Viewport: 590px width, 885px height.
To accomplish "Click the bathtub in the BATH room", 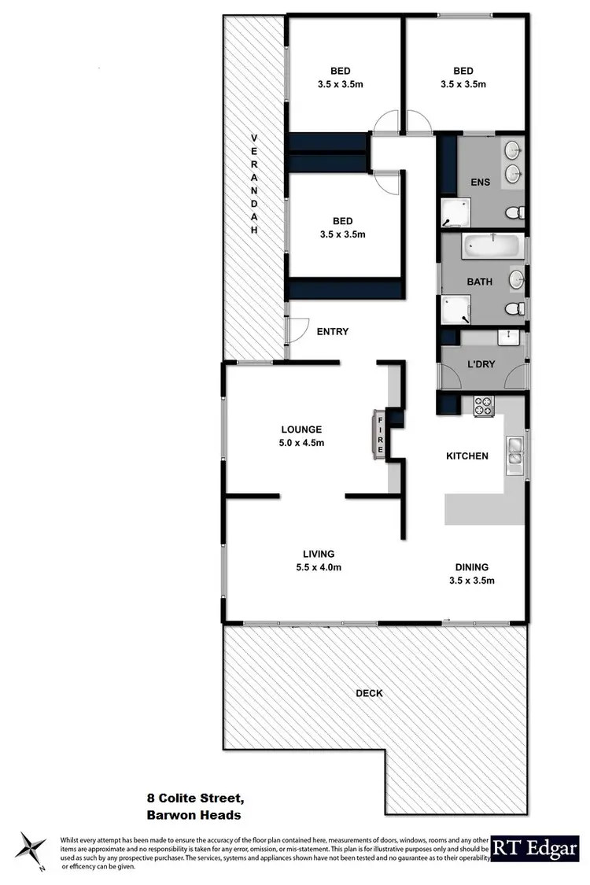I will [489, 246].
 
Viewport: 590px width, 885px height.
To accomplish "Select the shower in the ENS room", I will [455, 211].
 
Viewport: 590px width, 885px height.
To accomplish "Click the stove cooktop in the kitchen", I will [483, 407].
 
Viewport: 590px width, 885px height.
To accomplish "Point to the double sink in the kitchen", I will [516, 450].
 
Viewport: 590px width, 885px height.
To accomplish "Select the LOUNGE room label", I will [302, 430].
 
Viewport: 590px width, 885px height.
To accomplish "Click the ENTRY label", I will [332, 332].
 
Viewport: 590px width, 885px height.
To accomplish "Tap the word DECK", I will [369, 693].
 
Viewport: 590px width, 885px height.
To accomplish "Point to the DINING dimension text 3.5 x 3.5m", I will [471, 581].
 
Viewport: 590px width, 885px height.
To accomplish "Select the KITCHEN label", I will [467, 455].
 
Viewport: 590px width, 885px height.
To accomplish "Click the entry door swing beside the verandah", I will [294, 330].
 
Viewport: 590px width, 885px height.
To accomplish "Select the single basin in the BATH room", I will [517, 279].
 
